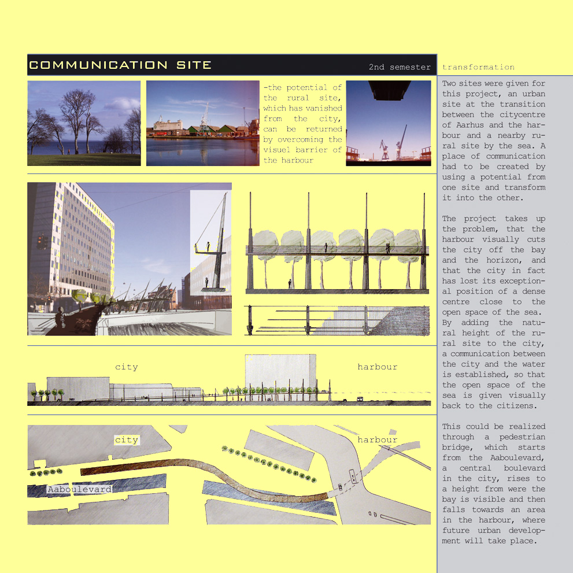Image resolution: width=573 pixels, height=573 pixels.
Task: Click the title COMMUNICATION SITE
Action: pos(120,65)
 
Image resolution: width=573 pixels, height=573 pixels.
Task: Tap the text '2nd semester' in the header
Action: pos(400,67)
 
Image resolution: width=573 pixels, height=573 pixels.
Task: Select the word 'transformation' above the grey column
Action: pos(478,67)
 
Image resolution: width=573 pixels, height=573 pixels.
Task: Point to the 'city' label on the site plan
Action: pos(126,440)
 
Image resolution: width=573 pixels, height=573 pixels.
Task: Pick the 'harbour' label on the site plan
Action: pos(377,440)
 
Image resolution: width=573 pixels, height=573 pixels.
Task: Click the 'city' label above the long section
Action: pos(126,367)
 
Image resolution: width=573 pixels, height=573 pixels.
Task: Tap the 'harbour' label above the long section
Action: pos(377,367)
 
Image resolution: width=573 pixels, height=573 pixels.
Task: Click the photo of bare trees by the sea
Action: pos(84,123)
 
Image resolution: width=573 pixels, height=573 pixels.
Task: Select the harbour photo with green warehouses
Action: pos(202,123)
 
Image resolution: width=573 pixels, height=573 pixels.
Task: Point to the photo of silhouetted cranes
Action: pos(388,123)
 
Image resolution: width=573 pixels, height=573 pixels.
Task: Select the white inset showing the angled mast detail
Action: pos(210,243)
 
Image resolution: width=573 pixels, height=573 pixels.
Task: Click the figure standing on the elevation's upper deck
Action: pos(326,247)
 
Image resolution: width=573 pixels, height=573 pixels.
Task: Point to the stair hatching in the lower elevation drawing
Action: pos(405,321)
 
